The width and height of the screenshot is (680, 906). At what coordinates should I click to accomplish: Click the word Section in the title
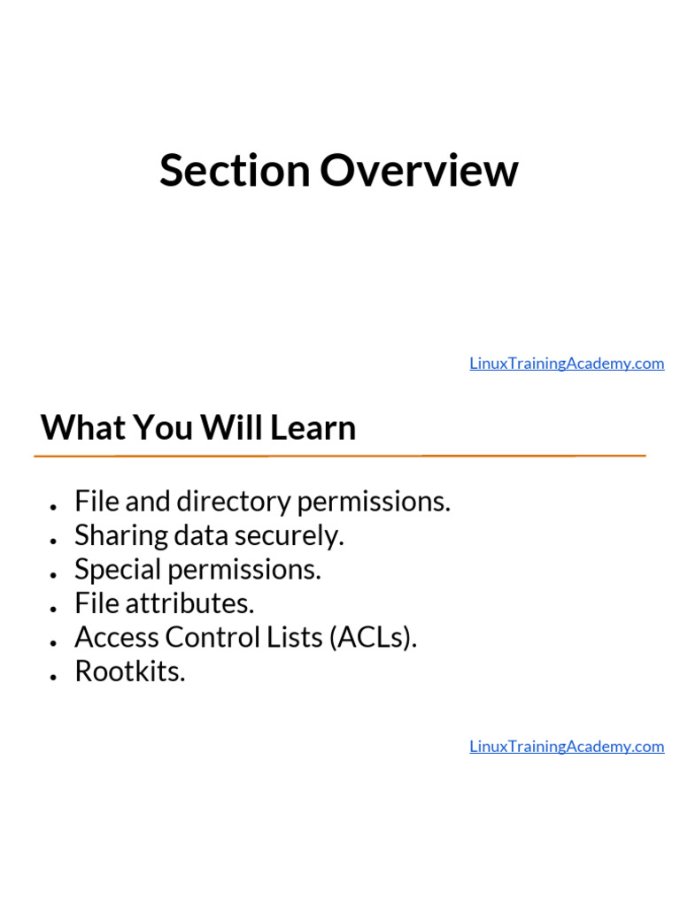click(235, 171)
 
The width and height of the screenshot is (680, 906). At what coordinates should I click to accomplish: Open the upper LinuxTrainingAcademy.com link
click(567, 364)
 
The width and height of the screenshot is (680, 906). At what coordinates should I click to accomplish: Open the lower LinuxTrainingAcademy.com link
click(567, 747)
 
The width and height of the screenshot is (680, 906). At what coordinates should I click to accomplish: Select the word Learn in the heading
click(313, 428)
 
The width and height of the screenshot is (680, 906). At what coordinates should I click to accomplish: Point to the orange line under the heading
click(340, 456)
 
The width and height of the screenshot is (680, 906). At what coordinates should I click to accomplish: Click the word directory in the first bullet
click(234, 503)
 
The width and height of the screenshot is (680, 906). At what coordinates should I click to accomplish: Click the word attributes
click(189, 604)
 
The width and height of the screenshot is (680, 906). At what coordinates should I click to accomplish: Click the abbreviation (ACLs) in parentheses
click(372, 638)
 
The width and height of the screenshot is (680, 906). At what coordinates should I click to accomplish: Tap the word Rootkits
click(130, 672)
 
